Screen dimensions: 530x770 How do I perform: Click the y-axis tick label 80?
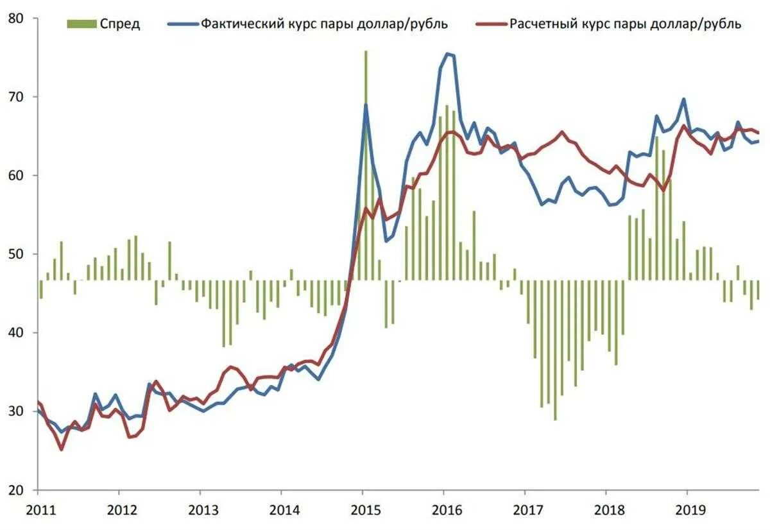pos(17,19)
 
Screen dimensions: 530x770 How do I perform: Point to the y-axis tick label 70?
pos(17,97)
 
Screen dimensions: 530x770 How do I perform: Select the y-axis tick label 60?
pos(17,176)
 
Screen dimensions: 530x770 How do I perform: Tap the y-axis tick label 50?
pos(17,254)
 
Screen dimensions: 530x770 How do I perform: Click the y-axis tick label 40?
pos(17,333)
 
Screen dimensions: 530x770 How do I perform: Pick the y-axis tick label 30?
pos(17,411)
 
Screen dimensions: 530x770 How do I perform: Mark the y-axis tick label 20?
pos(17,490)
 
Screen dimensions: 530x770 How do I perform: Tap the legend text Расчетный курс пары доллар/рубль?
pos(626,24)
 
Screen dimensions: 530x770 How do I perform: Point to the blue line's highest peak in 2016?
pos(447,55)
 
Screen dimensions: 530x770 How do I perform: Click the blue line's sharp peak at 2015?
pos(366,105)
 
